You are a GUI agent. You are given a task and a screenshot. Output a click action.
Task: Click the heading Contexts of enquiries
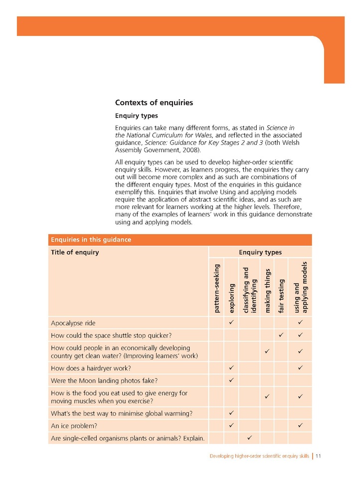click(154, 103)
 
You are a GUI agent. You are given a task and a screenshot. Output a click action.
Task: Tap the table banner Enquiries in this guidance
click(90, 240)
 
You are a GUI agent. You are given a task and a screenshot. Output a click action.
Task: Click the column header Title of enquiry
click(75, 252)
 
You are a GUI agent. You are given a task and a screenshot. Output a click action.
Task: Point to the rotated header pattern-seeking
click(217, 288)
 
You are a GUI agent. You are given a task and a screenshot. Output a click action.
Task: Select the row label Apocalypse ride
click(73, 323)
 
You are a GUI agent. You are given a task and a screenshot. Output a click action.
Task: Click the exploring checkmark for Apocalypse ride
click(231, 323)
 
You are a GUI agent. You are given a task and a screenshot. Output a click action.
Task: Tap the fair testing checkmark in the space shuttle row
click(281, 335)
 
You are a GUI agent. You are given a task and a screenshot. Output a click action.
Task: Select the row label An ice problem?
click(74, 426)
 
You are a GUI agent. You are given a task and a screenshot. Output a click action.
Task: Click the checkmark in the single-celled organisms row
click(249, 438)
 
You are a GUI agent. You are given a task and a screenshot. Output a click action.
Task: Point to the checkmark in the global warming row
click(231, 413)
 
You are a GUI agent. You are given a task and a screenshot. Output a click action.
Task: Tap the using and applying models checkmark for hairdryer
click(301, 369)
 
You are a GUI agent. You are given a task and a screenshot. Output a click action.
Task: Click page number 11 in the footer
click(318, 456)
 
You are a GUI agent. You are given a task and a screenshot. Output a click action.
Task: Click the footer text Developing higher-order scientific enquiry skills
click(259, 456)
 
